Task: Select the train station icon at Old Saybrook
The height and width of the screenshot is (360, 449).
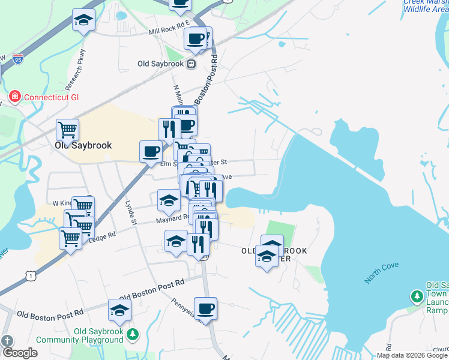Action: click(x=191, y=64)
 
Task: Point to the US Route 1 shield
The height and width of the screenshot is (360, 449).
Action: click(x=29, y=274)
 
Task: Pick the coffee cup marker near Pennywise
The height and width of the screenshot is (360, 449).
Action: click(x=205, y=308)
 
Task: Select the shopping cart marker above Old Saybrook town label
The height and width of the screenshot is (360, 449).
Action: click(x=68, y=129)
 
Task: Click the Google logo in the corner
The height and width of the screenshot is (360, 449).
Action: click(x=19, y=353)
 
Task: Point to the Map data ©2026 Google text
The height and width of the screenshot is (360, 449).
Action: click(x=412, y=355)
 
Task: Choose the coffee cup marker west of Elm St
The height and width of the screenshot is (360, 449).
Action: click(x=151, y=151)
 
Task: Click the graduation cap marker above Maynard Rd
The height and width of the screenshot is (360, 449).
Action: click(x=169, y=200)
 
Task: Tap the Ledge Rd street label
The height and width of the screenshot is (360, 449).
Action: click(x=102, y=238)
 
